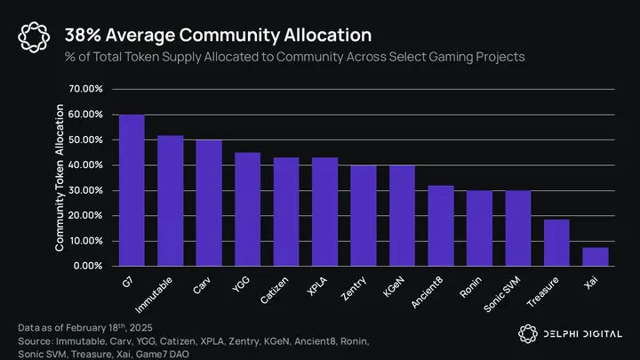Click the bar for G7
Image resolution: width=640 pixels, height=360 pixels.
tap(132, 190)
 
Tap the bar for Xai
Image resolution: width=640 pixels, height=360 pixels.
tap(595, 256)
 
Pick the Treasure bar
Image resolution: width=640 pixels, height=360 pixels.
tap(556, 242)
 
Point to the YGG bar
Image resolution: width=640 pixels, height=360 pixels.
tap(247, 209)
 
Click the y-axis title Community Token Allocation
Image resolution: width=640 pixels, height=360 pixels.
tap(60, 178)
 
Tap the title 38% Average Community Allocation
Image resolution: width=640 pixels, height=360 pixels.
tap(218, 36)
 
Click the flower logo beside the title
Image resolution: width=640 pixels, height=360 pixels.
tap(34, 36)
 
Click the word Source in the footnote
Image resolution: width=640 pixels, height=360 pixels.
tap(36, 340)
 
